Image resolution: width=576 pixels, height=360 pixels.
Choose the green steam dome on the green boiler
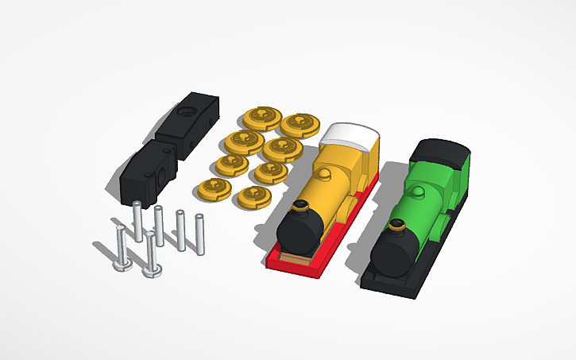click(417, 193)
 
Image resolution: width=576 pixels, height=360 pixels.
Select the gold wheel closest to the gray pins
click(215, 189)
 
